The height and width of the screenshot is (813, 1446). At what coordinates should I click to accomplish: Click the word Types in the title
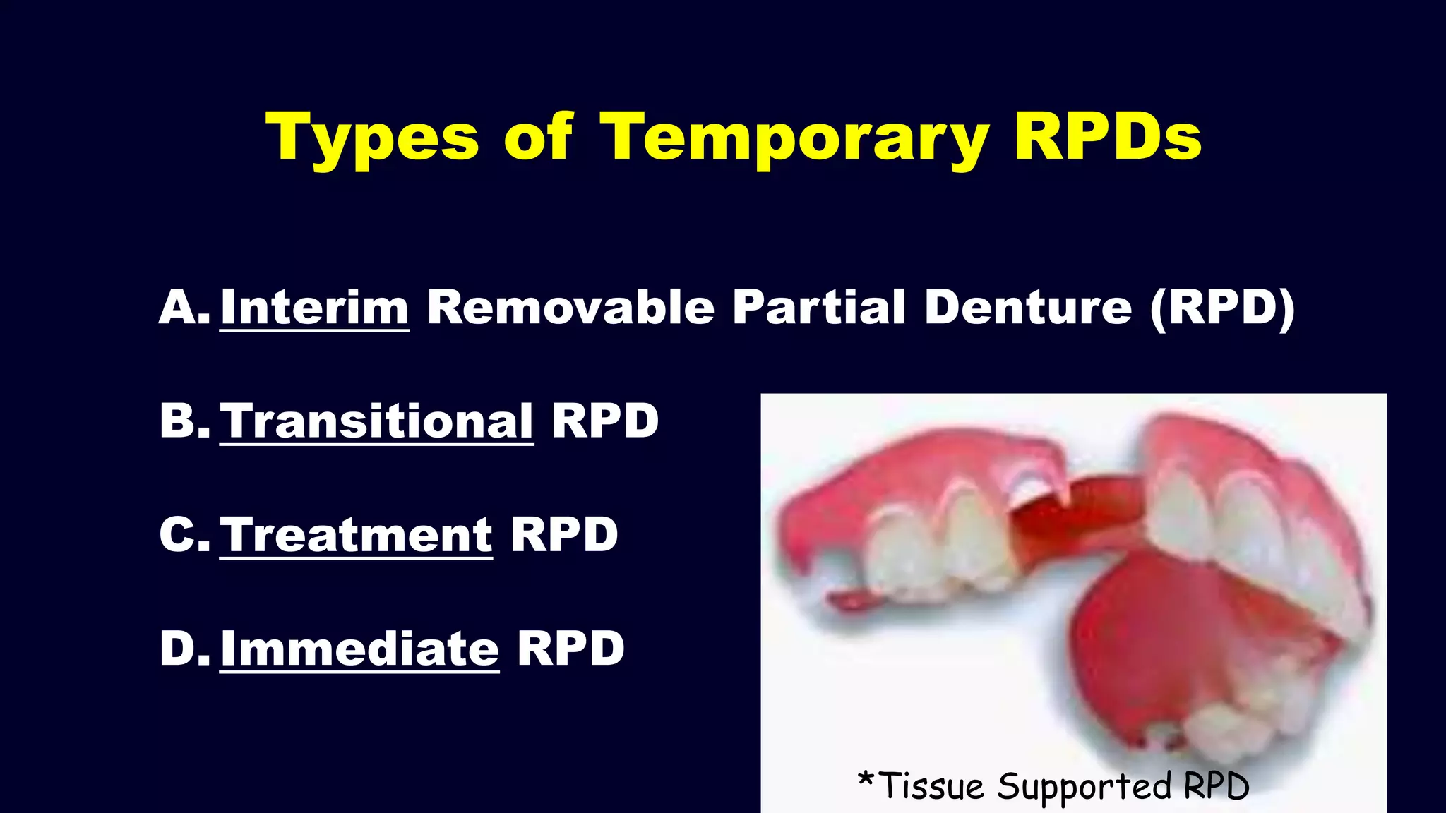[372, 138]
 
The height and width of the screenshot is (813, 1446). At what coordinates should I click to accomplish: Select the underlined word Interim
[314, 308]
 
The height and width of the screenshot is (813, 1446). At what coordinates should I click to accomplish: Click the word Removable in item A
[570, 308]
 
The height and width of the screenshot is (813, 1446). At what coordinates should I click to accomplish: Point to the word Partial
[818, 308]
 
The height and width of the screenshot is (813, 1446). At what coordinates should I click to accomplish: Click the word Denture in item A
[1028, 308]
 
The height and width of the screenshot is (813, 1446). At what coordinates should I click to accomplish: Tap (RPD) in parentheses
[1222, 308]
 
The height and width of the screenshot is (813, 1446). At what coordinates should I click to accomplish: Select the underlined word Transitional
[376, 421]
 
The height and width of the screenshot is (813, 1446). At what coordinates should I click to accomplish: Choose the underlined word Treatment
[356, 535]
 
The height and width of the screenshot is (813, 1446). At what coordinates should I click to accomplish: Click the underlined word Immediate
[359, 649]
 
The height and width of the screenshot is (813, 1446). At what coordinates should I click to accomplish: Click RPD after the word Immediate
[570, 649]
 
